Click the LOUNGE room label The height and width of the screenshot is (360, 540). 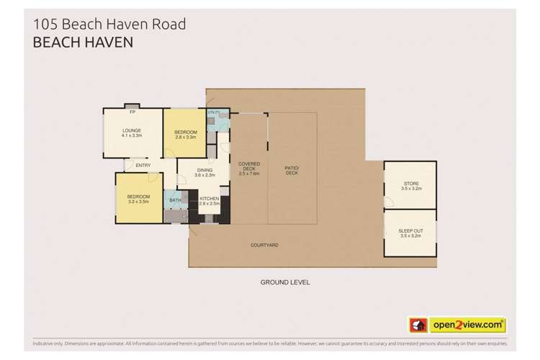coord(132,130)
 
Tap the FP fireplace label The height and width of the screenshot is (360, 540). coord(132,113)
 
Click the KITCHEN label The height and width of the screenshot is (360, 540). coord(209,199)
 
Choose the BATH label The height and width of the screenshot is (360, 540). coord(174,200)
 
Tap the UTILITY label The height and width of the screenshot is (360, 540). coord(212,113)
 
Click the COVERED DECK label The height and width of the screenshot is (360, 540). coord(249,167)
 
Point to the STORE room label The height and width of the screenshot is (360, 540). coord(411,184)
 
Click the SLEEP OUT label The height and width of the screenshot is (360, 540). coord(411,231)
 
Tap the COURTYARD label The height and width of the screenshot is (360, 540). coord(264,246)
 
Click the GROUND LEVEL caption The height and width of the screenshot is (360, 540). coord(286,282)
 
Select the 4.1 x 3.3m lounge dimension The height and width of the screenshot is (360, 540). coord(132,135)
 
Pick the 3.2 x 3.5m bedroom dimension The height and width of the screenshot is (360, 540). coord(138,202)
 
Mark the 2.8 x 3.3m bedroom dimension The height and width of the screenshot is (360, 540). coord(186,138)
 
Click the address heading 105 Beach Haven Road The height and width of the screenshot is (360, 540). coord(109,24)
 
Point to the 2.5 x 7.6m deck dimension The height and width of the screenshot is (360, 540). coord(249,174)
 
